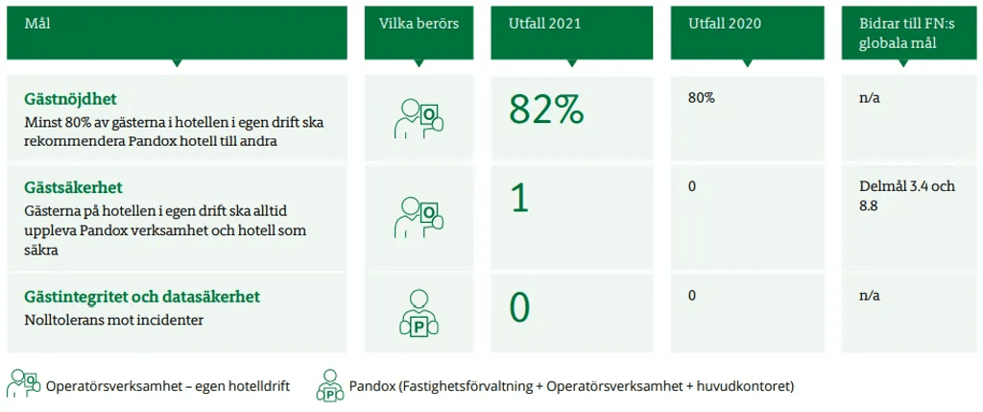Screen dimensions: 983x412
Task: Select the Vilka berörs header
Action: [419, 24]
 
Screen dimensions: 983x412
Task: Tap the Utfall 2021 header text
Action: [545, 24]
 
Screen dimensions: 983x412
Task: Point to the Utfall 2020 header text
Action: [724, 24]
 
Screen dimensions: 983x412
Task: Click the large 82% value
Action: [546, 109]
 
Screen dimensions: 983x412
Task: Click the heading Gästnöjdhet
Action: [71, 100]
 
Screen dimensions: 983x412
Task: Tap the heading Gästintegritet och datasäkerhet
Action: [142, 297]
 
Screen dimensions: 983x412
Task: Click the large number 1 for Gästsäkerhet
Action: [520, 198]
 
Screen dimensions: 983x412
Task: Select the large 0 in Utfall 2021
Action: [519, 307]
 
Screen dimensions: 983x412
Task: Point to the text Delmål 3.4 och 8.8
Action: [908, 196]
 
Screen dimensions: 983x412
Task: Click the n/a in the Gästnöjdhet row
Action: [870, 99]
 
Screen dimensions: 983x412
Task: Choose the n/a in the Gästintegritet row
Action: [870, 296]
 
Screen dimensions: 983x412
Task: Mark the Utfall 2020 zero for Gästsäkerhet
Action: [692, 187]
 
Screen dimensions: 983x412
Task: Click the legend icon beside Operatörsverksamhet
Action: [23, 384]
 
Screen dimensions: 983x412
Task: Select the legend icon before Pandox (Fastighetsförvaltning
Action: [330, 385]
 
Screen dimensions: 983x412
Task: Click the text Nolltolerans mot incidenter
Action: [115, 321]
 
